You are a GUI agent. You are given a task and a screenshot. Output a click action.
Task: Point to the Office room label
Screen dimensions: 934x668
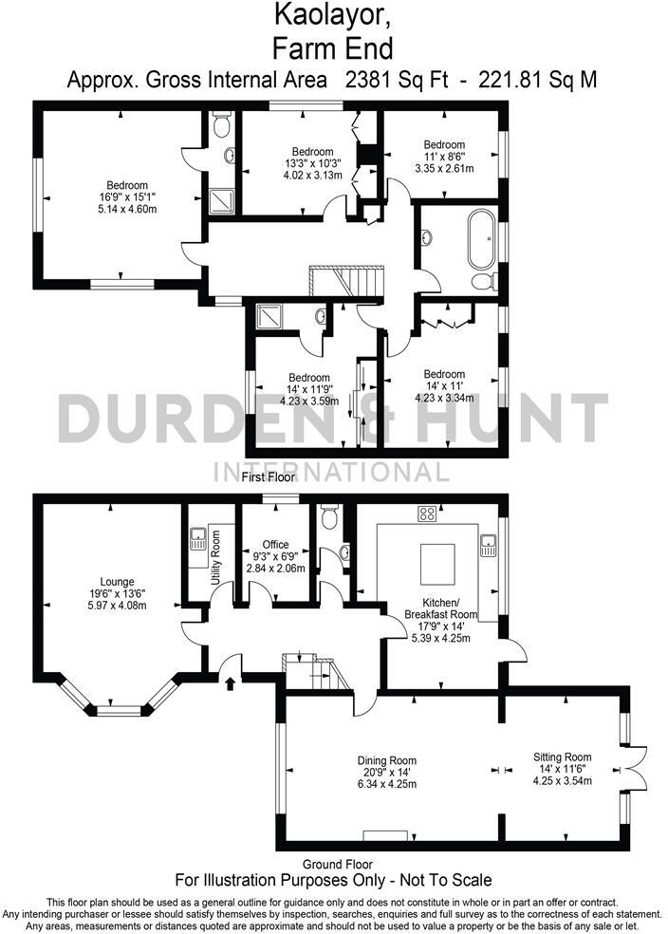click(276, 545)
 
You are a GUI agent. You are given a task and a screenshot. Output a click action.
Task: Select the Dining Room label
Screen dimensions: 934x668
click(387, 760)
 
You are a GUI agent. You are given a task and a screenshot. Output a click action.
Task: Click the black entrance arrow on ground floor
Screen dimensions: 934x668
click(231, 681)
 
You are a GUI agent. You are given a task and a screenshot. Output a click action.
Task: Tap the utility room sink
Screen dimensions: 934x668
click(199, 542)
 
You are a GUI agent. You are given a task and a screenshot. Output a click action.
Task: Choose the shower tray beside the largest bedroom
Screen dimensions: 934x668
click(220, 199)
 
